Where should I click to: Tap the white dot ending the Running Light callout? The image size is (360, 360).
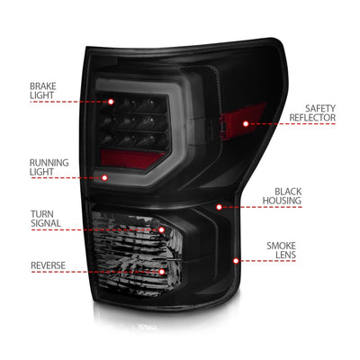click(x=104, y=177)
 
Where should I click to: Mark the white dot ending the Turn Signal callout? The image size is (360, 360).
click(x=162, y=229)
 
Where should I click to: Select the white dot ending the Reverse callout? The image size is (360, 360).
click(x=162, y=269)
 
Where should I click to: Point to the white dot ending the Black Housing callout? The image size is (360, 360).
click(x=219, y=207)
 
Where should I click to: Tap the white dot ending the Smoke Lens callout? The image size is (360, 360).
click(x=236, y=260)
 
